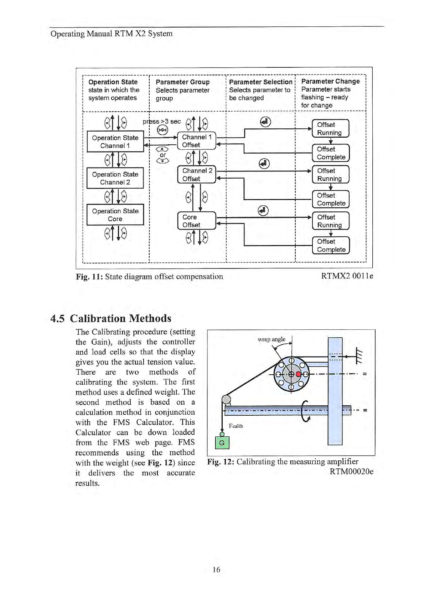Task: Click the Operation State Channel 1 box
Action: pyautogui.click(x=115, y=142)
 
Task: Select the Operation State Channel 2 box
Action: pyautogui.click(x=115, y=178)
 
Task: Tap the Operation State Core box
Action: pyautogui.click(x=115, y=215)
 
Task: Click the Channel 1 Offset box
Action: pyautogui.click(x=197, y=141)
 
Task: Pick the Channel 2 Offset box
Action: pyautogui.click(x=197, y=175)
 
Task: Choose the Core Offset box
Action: pyautogui.click(x=197, y=221)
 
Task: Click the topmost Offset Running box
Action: pyautogui.click(x=330, y=128)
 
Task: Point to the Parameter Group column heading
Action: pyautogui.click(x=182, y=82)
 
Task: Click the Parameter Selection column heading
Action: pyautogui.click(x=260, y=82)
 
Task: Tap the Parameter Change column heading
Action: pyautogui.click(x=330, y=81)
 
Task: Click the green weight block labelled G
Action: pyautogui.click(x=222, y=443)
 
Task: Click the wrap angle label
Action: pyautogui.click(x=272, y=339)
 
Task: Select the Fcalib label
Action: pyautogui.click(x=236, y=426)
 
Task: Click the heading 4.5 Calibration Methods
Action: pyautogui.click(x=111, y=318)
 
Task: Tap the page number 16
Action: pyautogui.click(x=216, y=570)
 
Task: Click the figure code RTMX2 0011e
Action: pyautogui.click(x=347, y=276)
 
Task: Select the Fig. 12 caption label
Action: pyautogui.click(x=221, y=462)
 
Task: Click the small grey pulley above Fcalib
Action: pyautogui.click(x=226, y=399)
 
